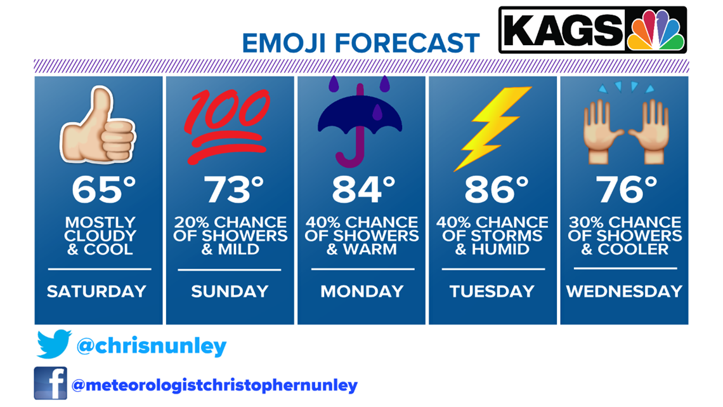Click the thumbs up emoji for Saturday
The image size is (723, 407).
pyautogui.click(x=98, y=125)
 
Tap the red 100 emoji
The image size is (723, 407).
pyautogui.click(x=227, y=126)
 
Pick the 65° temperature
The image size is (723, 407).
pyautogui.click(x=104, y=190)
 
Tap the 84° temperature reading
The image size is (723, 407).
pyautogui.click(x=364, y=190)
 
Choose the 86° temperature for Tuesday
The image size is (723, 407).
pyautogui.click(x=496, y=190)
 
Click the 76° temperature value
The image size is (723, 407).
pyautogui.click(x=626, y=190)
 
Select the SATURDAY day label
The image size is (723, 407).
pyautogui.click(x=97, y=291)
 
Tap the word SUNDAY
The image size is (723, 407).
pyautogui.click(x=230, y=291)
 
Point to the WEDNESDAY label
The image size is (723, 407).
pyautogui.click(x=624, y=291)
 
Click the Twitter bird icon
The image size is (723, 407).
pyautogui.click(x=54, y=344)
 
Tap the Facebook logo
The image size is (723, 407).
pyautogui.click(x=50, y=384)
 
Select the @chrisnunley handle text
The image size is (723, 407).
pyautogui.click(x=151, y=346)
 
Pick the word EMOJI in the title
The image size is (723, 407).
pyautogui.click(x=285, y=43)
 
